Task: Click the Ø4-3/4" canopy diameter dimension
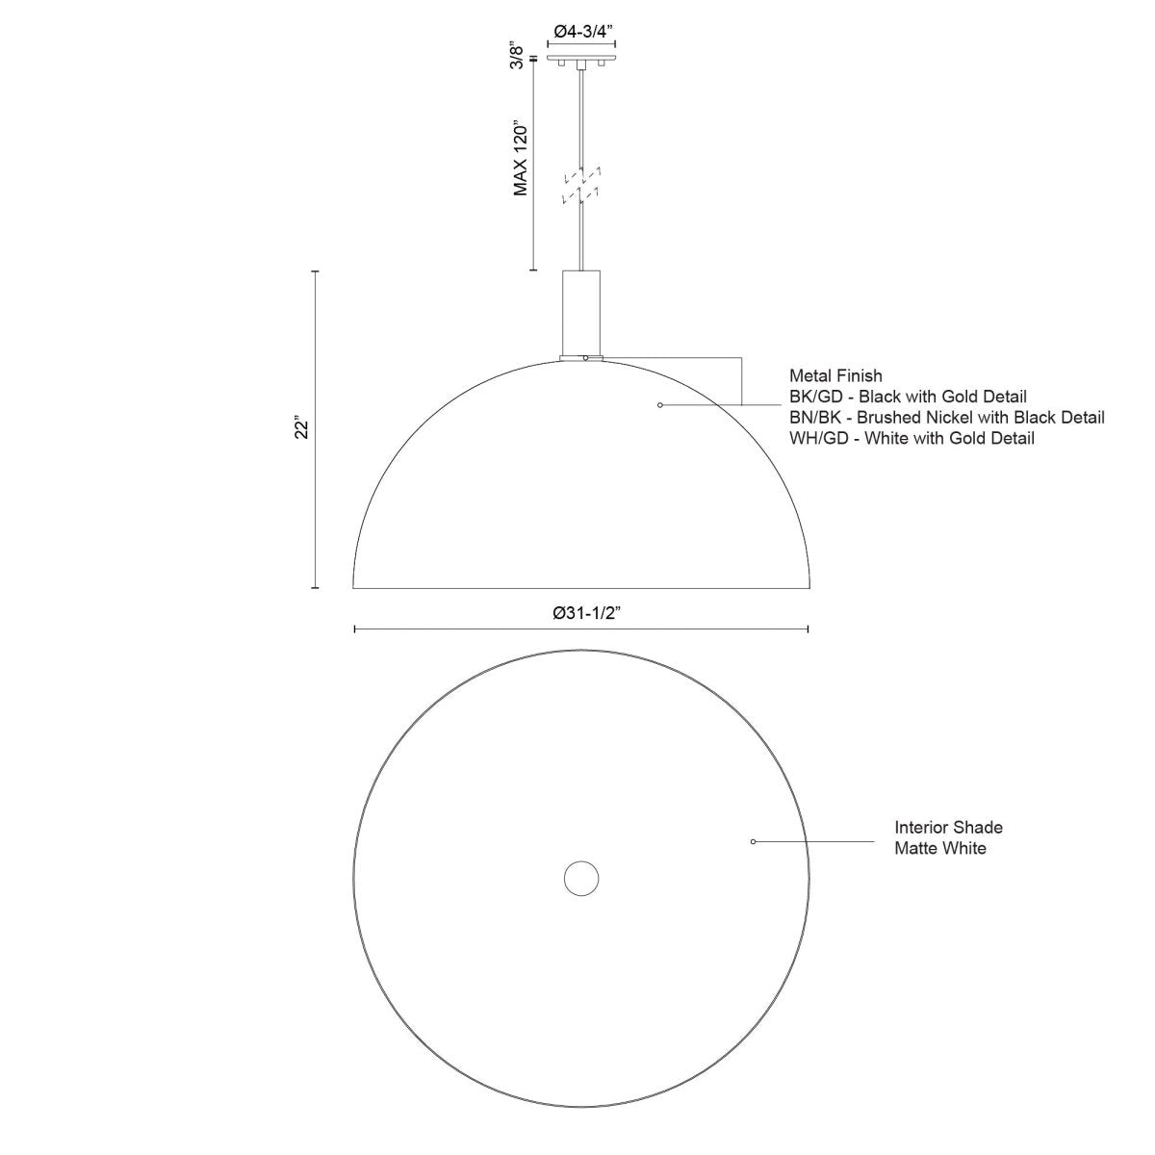tap(581, 31)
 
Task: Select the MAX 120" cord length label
tap(521, 159)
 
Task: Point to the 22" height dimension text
tap(300, 428)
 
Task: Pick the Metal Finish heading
tap(835, 375)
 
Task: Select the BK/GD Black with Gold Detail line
tap(908, 397)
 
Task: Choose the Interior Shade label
tap(948, 827)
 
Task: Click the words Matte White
tap(939, 848)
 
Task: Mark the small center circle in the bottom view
tap(581, 878)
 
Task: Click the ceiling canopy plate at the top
tap(581, 61)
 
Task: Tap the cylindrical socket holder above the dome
tap(581, 312)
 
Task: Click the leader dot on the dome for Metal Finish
tap(659, 404)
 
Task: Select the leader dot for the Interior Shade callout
tap(753, 841)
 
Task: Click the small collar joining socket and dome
tap(581, 358)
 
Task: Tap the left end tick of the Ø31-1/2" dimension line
tap(355, 629)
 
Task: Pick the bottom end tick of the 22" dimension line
tap(315, 587)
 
